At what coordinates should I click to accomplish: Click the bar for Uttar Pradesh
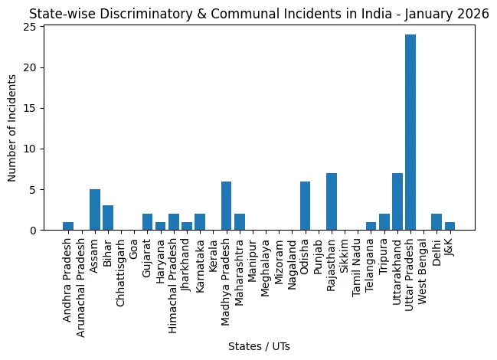(x=410, y=133)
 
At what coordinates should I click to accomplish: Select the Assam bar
(x=95, y=209)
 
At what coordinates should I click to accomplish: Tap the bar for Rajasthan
(x=332, y=201)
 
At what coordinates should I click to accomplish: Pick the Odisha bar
(x=306, y=206)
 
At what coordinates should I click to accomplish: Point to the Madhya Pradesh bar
(x=227, y=206)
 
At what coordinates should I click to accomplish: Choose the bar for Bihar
(x=108, y=218)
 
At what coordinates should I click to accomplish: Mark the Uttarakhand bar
(x=397, y=201)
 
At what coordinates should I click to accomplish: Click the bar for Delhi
(x=437, y=222)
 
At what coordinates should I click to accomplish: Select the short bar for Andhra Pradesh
(x=68, y=226)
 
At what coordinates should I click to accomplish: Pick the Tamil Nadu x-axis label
(x=357, y=268)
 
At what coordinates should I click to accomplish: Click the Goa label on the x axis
(x=134, y=249)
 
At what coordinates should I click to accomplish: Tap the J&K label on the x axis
(x=450, y=247)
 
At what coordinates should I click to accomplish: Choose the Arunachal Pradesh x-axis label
(x=81, y=288)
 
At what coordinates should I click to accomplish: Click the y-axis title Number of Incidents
(x=11, y=128)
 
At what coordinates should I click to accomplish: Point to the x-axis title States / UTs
(x=259, y=346)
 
